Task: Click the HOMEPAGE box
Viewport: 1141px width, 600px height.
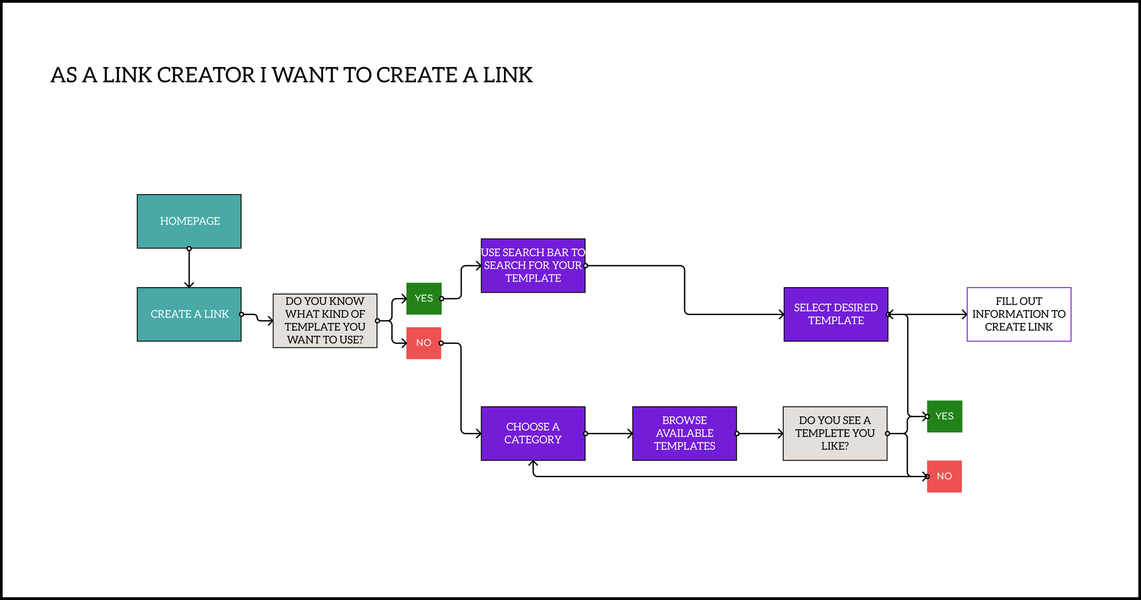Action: tap(189, 221)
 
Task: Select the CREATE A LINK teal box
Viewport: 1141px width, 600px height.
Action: tap(189, 314)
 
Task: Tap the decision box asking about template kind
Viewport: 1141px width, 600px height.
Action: tap(325, 321)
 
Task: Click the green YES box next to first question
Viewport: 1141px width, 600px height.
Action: tap(424, 299)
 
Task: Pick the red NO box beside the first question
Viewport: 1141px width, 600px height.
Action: tap(424, 343)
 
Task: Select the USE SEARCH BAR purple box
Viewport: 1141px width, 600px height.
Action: tap(533, 265)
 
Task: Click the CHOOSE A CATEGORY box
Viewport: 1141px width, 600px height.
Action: tap(533, 433)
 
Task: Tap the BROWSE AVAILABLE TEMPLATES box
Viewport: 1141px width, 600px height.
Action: tap(684, 433)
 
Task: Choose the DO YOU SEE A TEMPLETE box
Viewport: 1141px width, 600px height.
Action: tap(835, 433)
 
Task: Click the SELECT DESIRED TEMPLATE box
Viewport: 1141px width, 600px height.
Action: tap(836, 314)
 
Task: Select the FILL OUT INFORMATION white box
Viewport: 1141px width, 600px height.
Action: tap(1019, 314)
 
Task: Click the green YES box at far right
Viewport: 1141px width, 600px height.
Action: tap(944, 416)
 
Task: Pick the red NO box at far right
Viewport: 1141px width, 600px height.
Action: tap(944, 476)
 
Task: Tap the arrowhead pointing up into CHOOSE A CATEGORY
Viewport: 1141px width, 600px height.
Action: tap(533, 463)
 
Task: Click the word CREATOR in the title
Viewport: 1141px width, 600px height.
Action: tap(206, 75)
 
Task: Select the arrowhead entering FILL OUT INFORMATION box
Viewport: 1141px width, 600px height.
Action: tap(964, 314)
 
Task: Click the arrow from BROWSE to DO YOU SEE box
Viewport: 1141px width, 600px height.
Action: tap(759, 433)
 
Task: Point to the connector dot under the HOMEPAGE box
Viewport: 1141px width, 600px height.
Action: tap(189, 249)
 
